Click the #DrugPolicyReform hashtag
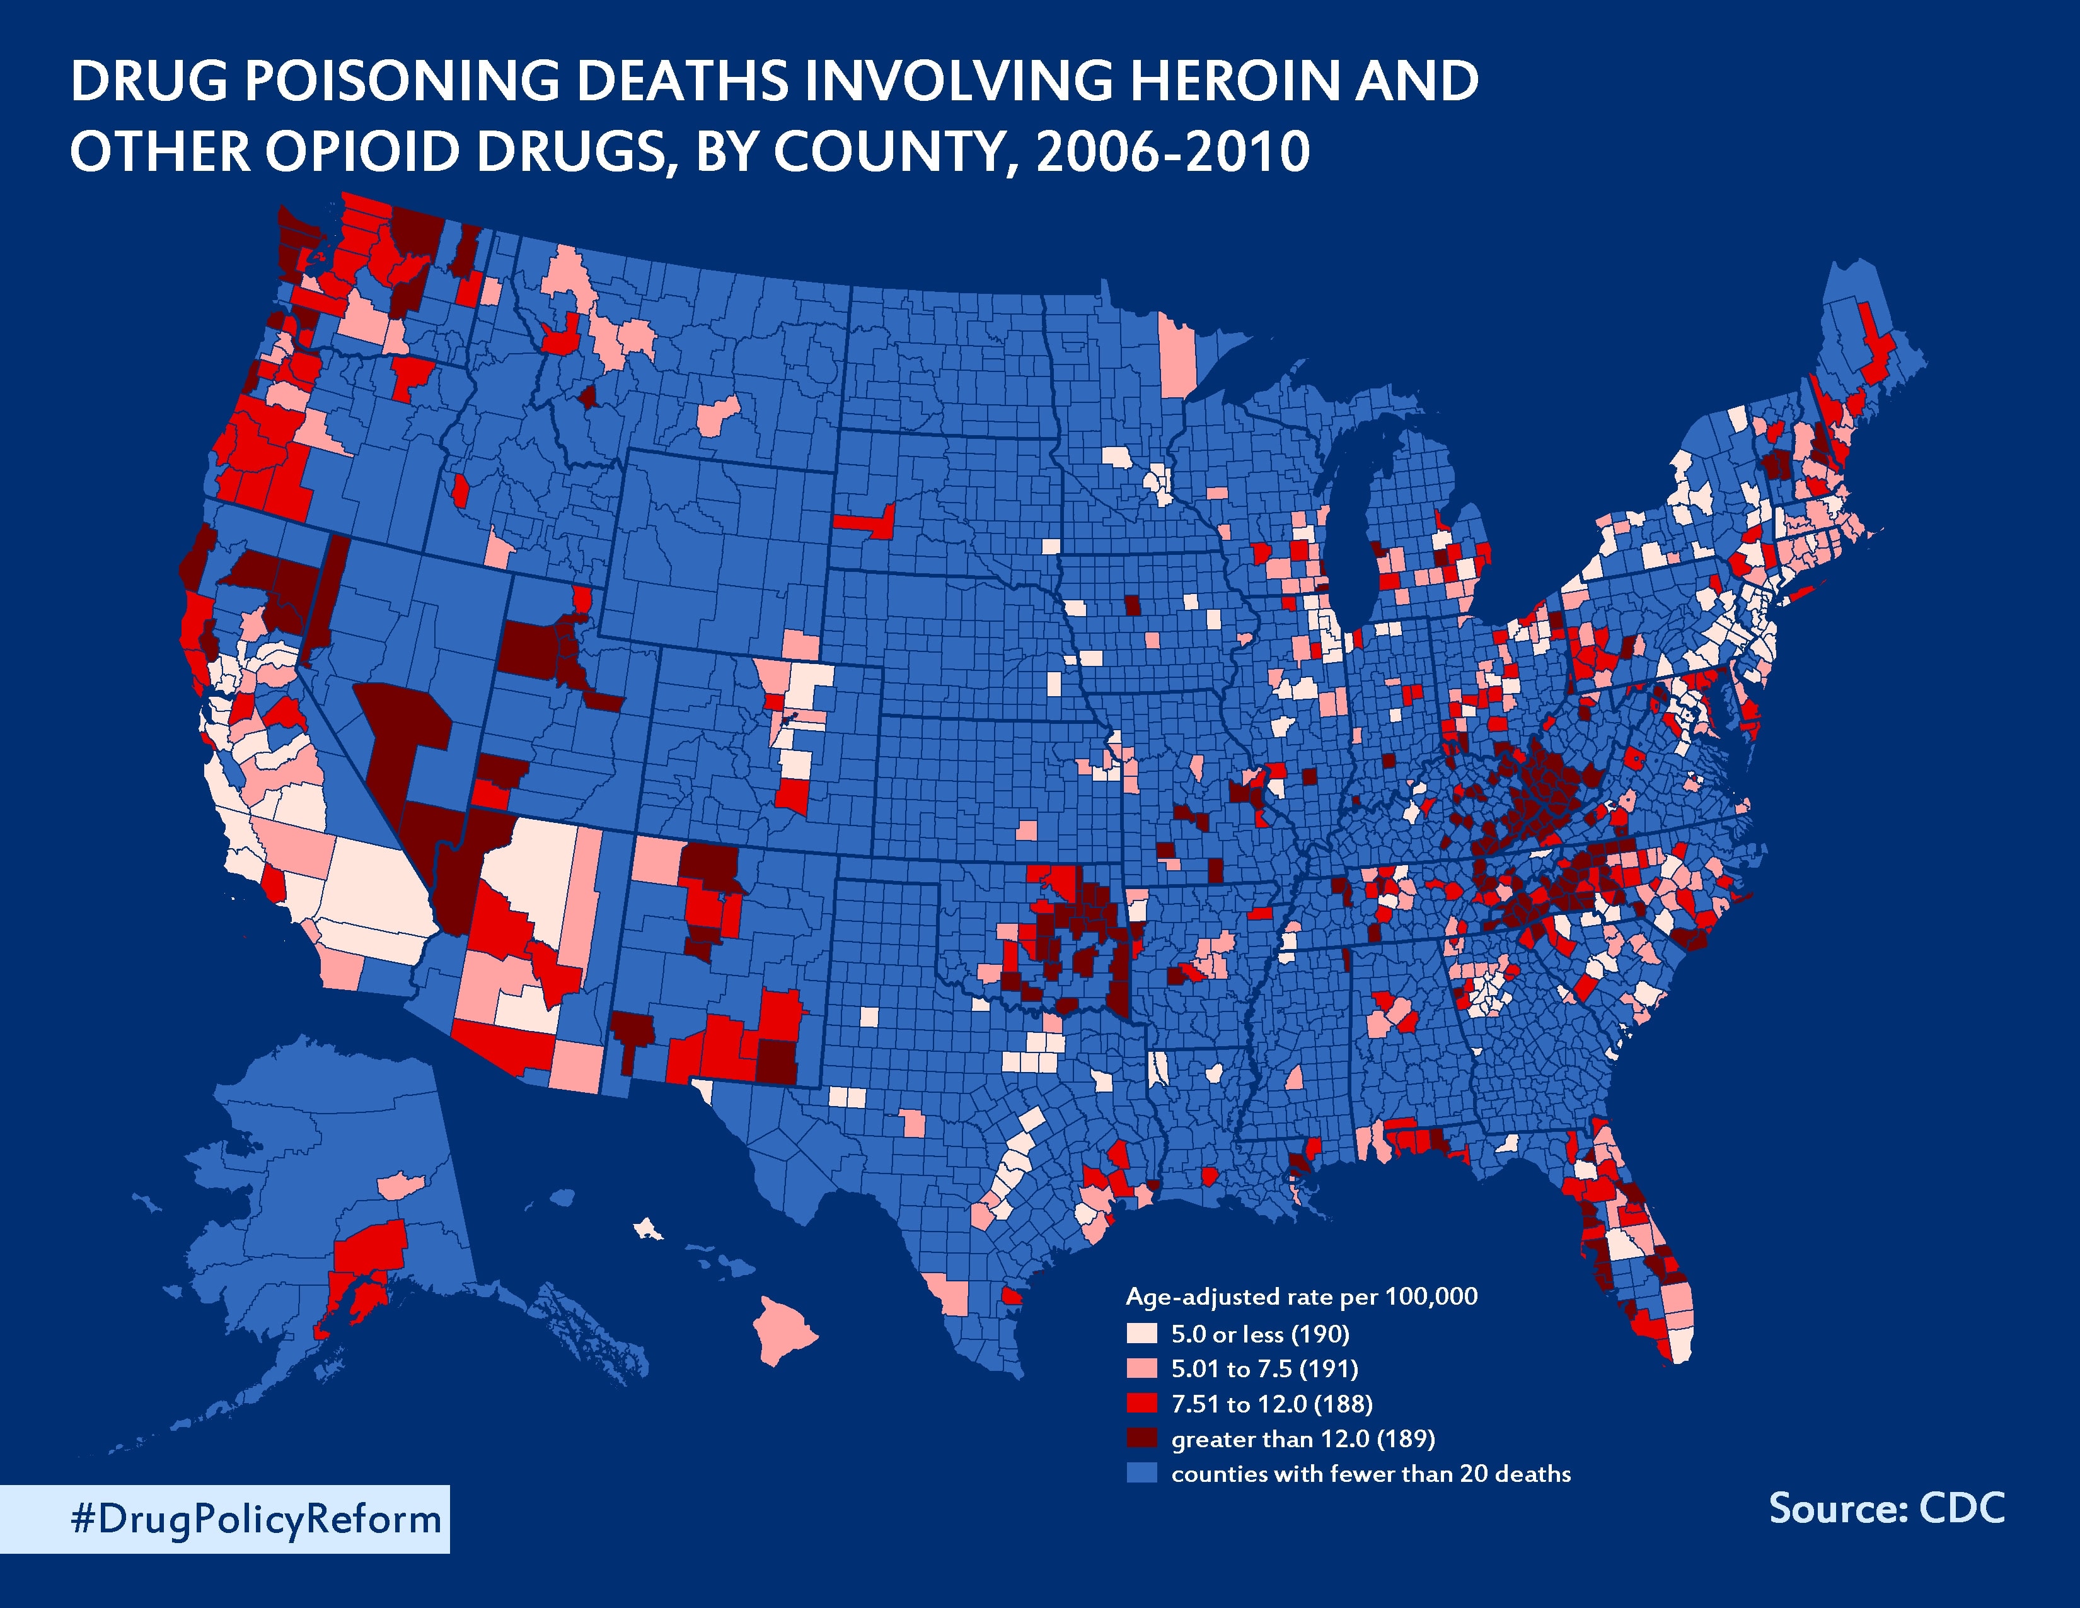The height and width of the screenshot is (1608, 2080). coord(255,1520)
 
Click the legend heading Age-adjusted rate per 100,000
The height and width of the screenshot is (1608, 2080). coord(1301,1296)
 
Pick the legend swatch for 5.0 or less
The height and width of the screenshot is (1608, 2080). coord(1141,1332)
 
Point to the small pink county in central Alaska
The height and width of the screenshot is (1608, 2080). coord(400,1186)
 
